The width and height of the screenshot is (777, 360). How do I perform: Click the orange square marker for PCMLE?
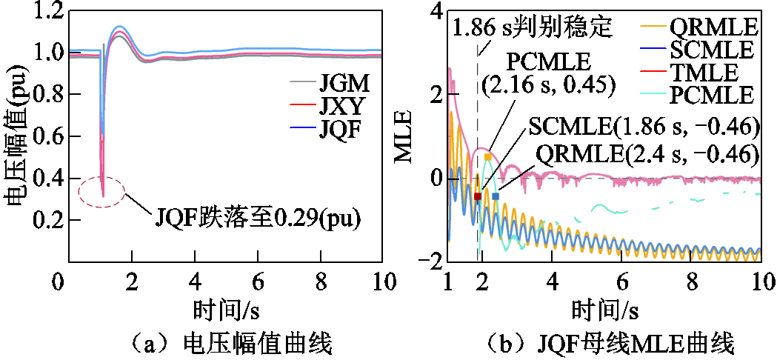click(487, 157)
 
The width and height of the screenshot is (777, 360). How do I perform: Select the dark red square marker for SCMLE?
click(478, 196)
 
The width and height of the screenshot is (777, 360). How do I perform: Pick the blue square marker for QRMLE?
click(496, 196)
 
